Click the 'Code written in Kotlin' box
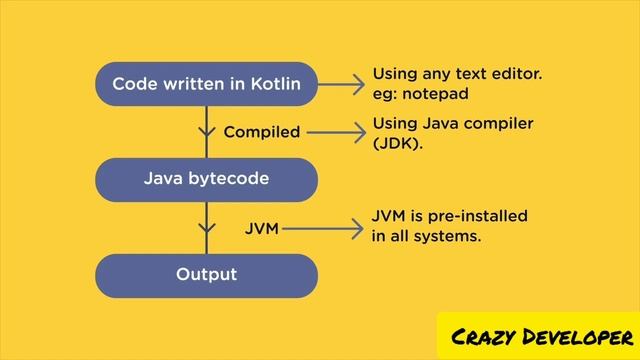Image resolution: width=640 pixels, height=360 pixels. pyautogui.click(x=206, y=84)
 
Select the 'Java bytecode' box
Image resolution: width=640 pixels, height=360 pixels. pyautogui.click(x=206, y=180)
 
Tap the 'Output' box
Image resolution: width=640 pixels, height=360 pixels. pyautogui.click(x=206, y=274)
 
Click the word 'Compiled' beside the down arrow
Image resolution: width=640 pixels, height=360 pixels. pyautogui.click(x=261, y=132)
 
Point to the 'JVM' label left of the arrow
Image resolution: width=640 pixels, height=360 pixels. pyautogui.click(x=261, y=229)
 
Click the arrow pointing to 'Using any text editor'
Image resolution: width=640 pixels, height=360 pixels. pyautogui.click(x=343, y=84)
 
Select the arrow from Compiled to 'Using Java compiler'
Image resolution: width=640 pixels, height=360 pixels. pyautogui.click(x=335, y=132)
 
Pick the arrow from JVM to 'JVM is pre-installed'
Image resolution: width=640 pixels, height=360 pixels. pyautogui.click(x=322, y=229)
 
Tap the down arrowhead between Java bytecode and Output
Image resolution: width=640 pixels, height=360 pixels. pyautogui.click(x=207, y=229)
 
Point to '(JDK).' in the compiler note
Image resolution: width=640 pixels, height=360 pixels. pyautogui.click(x=398, y=143)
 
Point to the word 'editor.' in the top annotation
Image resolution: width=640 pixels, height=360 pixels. pyautogui.click(x=520, y=74)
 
